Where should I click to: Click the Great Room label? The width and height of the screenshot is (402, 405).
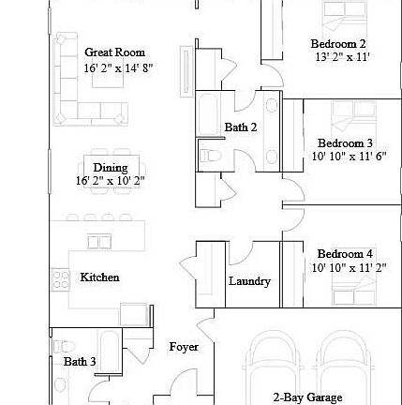click(115, 52)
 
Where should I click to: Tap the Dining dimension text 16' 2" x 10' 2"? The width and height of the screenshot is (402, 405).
click(111, 181)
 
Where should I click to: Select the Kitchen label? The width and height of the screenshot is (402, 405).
click(99, 277)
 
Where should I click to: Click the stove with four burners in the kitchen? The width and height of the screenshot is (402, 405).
click(60, 279)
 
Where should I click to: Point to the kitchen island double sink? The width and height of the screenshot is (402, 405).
click(99, 242)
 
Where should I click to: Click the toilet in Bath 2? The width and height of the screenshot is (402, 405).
click(210, 156)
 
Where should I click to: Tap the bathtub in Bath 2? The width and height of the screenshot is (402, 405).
click(208, 114)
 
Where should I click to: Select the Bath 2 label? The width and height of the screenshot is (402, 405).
click(241, 127)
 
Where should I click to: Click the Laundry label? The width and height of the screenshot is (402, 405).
click(249, 281)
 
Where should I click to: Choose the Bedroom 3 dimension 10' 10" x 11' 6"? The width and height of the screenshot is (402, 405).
click(350, 156)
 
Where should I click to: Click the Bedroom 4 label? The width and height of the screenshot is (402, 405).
click(345, 254)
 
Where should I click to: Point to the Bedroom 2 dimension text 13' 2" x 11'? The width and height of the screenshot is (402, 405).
click(343, 57)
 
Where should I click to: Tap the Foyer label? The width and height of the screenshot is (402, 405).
click(184, 347)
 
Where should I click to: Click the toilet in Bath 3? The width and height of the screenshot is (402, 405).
click(65, 346)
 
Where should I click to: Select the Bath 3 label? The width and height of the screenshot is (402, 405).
click(80, 362)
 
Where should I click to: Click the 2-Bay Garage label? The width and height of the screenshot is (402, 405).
click(307, 397)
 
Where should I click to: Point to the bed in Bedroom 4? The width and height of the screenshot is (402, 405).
click(354, 291)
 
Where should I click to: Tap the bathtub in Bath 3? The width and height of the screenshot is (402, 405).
click(110, 351)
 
